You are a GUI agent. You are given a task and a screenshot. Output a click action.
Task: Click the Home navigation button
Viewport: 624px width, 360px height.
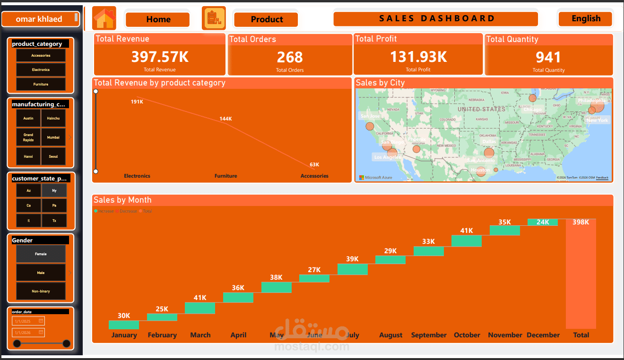pyautogui.click(x=157, y=19)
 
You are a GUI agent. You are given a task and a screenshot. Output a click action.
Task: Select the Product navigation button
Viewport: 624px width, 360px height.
pyautogui.click(x=266, y=19)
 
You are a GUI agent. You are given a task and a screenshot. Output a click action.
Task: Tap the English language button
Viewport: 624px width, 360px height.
pyautogui.click(x=585, y=19)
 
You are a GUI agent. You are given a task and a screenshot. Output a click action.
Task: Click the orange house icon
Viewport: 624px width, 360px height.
pyautogui.click(x=104, y=18)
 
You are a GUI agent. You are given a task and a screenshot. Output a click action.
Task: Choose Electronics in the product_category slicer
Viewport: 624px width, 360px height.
pyautogui.click(x=41, y=70)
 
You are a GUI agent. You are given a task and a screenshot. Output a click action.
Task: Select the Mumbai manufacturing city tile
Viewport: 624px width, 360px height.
pyautogui.click(x=53, y=137)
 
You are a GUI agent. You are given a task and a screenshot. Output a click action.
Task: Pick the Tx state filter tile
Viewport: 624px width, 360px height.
pyautogui.click(x=54, y=221)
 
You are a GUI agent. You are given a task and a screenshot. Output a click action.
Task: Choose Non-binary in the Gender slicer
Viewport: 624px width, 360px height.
pyautogui.click(x=41, y=291)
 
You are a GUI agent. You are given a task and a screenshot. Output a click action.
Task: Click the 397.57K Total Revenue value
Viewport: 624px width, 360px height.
pyautogui.click(x=160, y=57)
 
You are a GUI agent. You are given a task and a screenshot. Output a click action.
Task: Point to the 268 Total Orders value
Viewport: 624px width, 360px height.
pyautogui.click(x=290, y=58)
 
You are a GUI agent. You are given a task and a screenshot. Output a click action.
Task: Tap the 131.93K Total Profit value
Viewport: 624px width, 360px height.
pyautogui.click(x=418, y=57)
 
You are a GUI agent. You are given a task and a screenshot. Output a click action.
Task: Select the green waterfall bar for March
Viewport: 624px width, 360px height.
pyautogui.click(x=200, y=308)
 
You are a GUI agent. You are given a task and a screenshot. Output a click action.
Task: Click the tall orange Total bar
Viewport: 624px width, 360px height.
pyautogui.click(x=581, y=274)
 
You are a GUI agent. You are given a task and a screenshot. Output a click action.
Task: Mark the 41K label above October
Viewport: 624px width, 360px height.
pyautogui.click(x=467, y=231)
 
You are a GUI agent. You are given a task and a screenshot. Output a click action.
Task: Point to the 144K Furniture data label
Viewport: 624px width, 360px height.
pyautogui.click(x=225, y=119)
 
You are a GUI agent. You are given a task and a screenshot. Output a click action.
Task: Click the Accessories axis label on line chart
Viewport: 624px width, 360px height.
pyautogui.click(x=314, y=176)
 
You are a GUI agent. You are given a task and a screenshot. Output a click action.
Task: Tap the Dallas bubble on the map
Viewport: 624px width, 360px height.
pyautogui.click(x=489, y=153)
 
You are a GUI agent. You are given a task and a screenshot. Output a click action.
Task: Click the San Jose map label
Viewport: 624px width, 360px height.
pyautogui.click(x=370, y=116)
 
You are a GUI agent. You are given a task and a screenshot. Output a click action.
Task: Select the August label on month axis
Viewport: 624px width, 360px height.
pyautogui.click(x=390, y=335)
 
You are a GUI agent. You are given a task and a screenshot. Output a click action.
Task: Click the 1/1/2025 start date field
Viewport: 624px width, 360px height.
pyautogui.click(x=28, y=321)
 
